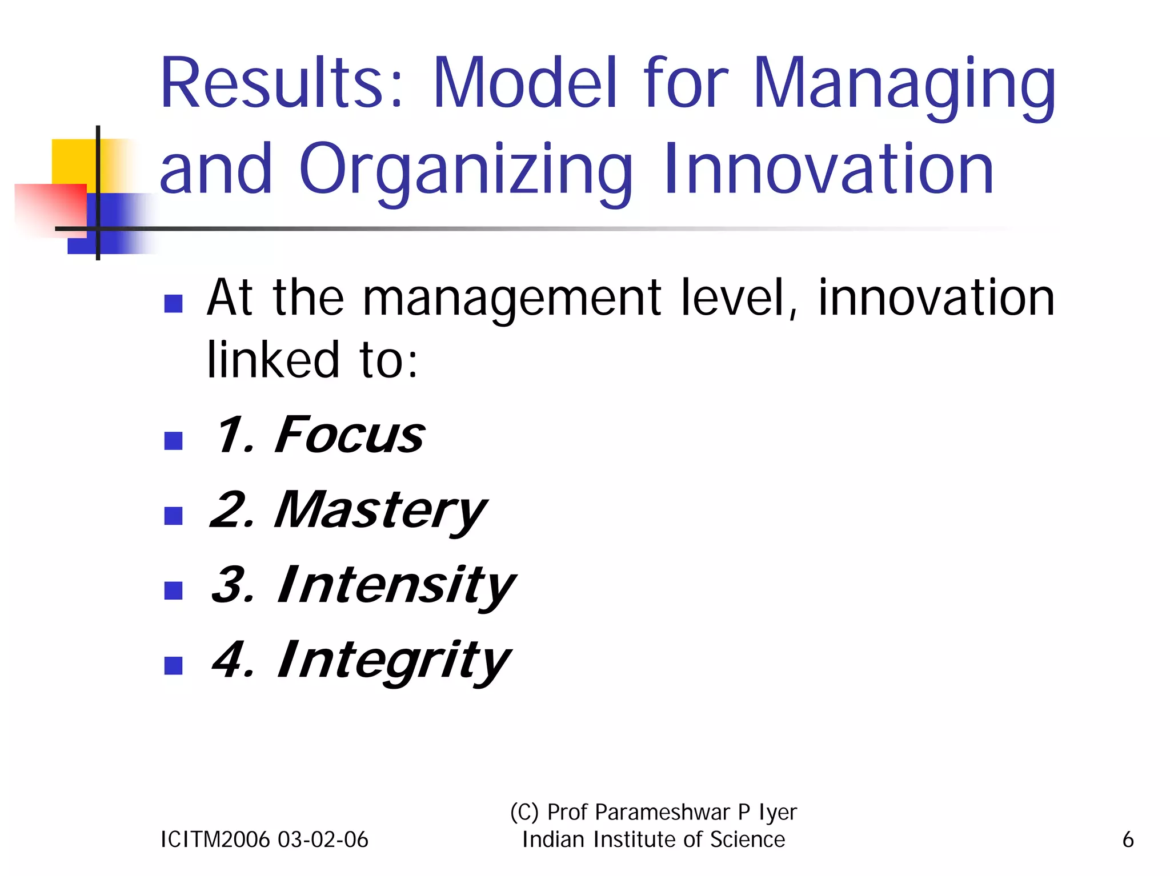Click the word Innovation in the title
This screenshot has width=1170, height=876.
tap(828, 169)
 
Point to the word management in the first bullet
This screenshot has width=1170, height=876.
tap(512, 299)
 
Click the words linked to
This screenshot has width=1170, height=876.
tap(312, 360)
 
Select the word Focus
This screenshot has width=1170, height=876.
tap(349, 435)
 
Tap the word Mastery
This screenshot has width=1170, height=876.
tap(380, 511)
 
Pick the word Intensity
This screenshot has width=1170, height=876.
tap(395, 585)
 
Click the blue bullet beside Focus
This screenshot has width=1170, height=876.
tap(173, 440)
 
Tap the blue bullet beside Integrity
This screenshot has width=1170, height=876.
tap(173, 665)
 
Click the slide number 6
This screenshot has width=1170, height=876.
tap(1127, 839)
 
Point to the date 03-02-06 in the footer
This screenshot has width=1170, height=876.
tap(323, 839)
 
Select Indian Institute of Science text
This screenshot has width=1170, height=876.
tap(654, 839)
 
